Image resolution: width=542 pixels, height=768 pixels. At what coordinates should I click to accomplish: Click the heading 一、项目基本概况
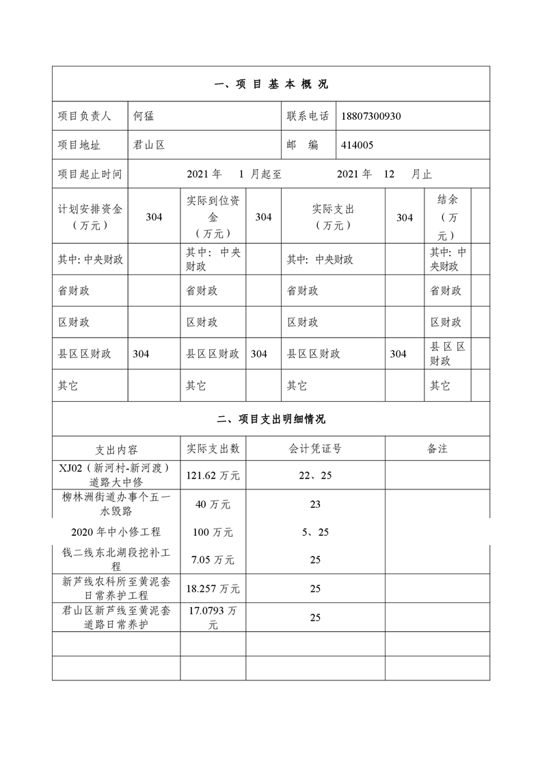271,85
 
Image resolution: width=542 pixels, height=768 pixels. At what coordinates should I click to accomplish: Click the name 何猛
144,116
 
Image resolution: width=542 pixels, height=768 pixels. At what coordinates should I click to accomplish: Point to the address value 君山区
150,145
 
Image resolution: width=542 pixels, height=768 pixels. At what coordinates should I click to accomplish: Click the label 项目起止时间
90,175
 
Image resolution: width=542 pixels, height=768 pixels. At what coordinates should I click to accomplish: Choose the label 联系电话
308,116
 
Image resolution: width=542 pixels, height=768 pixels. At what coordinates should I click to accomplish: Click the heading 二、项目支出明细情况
271,420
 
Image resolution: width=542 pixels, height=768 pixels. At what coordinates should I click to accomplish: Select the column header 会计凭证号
315,449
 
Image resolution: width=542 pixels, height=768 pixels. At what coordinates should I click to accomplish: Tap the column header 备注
437,449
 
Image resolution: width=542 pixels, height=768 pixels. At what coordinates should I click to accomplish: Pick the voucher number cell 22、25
315,475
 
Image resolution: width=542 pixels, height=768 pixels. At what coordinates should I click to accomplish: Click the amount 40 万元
213,504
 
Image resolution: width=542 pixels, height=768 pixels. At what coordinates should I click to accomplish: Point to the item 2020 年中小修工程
116,532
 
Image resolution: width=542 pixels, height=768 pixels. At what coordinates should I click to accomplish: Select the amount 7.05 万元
213,560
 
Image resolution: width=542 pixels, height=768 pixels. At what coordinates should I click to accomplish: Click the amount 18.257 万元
213,589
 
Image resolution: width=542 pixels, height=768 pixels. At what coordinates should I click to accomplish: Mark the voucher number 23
315,504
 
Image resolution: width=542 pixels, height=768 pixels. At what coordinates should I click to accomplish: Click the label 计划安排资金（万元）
90,217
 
